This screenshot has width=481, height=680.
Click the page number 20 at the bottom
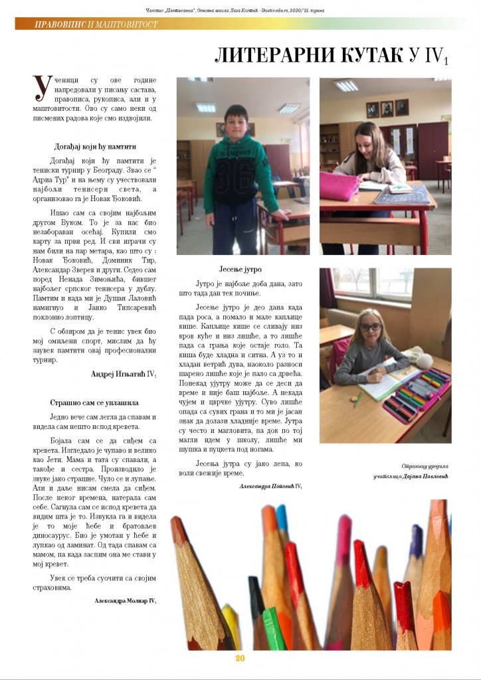[x=241, y=658]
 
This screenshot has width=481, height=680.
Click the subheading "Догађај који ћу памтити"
[x=95, y=146]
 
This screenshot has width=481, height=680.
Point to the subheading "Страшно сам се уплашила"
[x=94, y=402]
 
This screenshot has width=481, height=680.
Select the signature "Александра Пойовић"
[x=268, y=487]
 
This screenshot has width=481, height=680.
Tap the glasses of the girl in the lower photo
[x=370, y=327]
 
